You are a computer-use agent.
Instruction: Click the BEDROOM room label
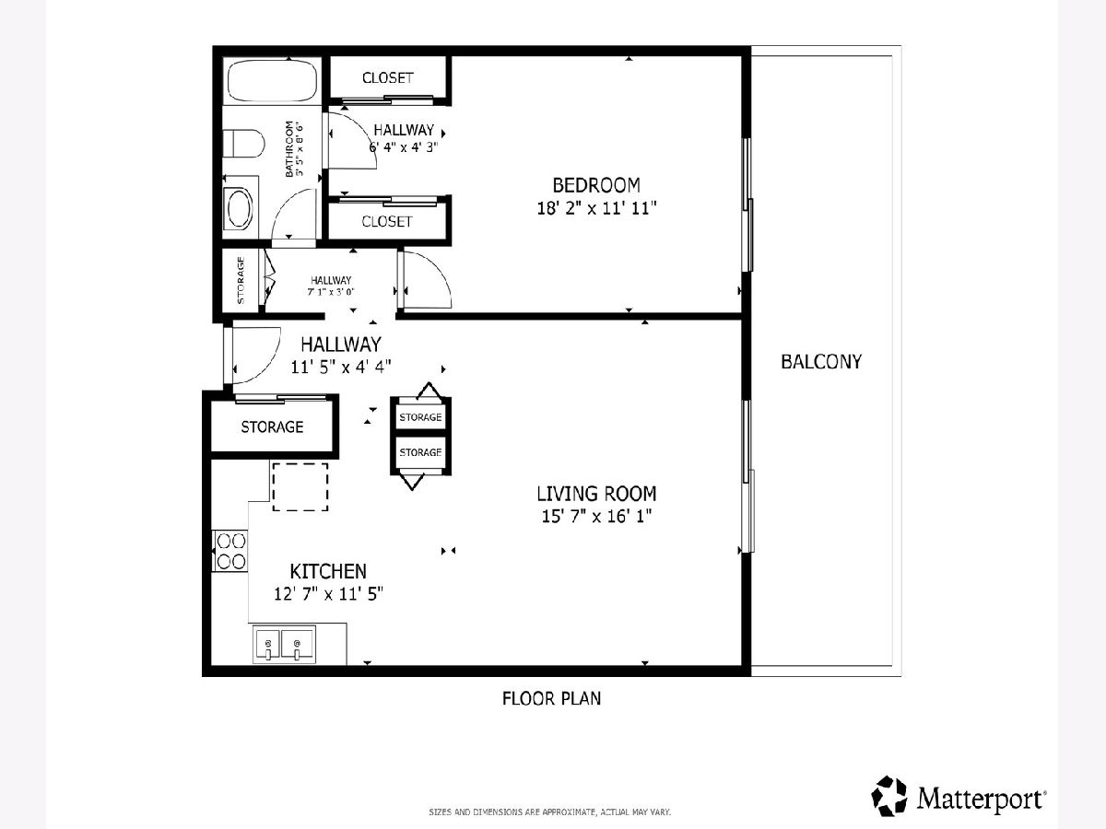(596, 185)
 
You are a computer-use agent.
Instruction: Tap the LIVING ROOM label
(596, 494)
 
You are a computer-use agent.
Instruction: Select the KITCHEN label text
(328, 571)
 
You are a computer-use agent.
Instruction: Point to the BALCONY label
(821, 361)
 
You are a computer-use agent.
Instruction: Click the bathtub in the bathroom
(272, 82)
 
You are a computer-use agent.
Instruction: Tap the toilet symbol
(243, 144)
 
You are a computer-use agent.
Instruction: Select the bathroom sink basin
(240, 207)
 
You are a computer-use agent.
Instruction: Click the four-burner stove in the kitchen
(230, 551)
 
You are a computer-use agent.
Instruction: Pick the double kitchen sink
(284, 644)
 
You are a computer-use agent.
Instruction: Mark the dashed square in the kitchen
(300, 487)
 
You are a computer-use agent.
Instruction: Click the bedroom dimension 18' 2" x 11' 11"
(596, 208)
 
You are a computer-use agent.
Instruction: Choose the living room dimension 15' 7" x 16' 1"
(596, 517)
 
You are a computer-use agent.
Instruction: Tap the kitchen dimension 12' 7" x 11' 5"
(328, 594)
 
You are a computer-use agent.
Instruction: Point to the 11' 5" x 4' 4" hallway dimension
(341, 367)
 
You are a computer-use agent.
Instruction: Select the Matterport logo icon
(888, 795)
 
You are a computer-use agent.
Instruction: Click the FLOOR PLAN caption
(551, 698)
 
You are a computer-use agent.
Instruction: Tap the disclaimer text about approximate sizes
(549, 811)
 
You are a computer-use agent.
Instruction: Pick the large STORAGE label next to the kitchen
(272, 426)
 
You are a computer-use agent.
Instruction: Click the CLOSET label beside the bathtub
(387, 78)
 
